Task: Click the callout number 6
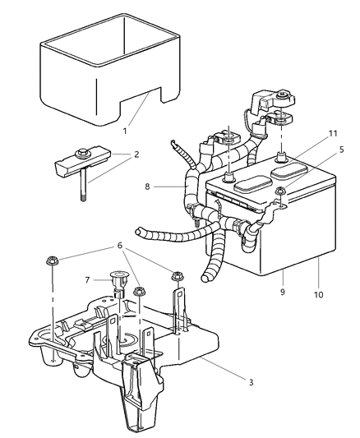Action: pyautogui.click(x=121, y=246)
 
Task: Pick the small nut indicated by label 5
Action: pyautogui.click(x=280, y=192)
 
